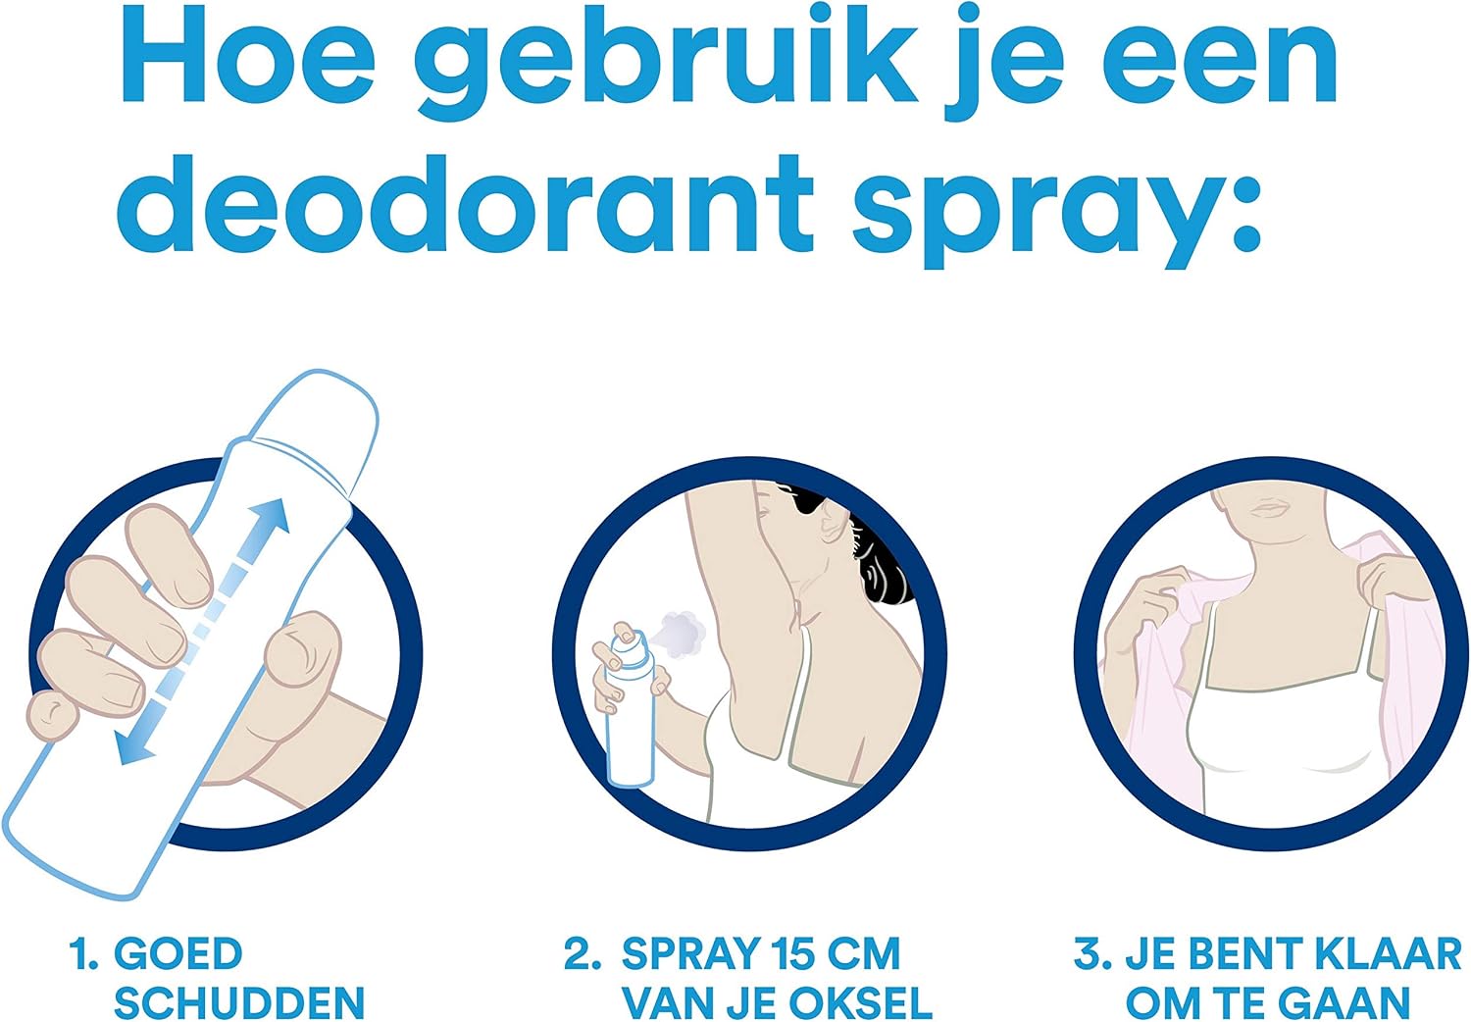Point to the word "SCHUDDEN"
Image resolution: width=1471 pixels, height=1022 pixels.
[239, 1002]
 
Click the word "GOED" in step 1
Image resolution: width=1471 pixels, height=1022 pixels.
[178, 953]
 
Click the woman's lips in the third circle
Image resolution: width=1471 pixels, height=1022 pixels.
[1271, 508]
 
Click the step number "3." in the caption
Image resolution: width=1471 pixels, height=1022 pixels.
[1092, 953]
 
